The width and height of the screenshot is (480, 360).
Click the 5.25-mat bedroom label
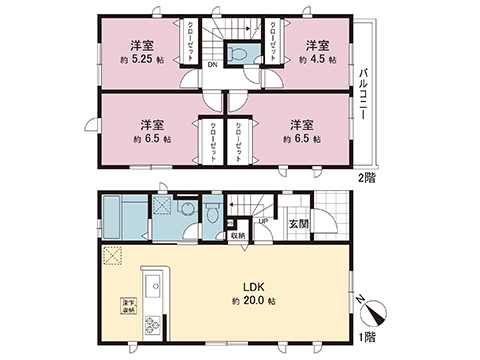click(139, 51)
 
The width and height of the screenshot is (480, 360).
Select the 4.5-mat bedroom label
click(317, 51)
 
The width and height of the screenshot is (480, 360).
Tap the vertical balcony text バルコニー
click(368, 94)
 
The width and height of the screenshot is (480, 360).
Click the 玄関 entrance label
click(297, 225)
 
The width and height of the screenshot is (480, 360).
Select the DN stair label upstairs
click(213, 67)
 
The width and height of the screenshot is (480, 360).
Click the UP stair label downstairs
click(261, 222)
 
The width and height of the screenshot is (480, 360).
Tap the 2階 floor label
click(366, 176)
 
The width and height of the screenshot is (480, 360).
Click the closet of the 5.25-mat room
click(186, 42)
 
